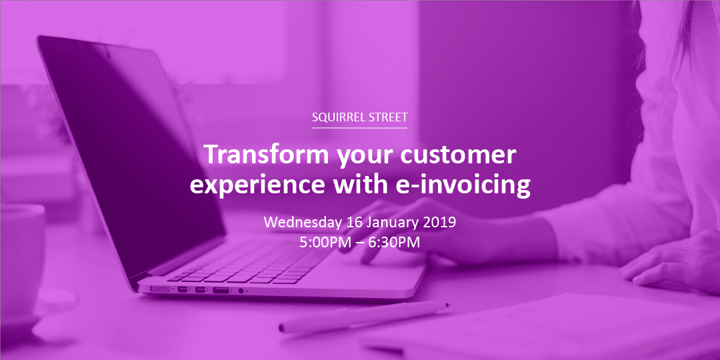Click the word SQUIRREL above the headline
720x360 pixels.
(x=339, y=117)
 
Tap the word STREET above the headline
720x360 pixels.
(x=388, y=117)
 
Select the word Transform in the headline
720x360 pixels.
(x=267, y=155)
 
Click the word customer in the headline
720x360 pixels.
(x=458, y=156)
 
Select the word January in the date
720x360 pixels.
(x=393, y=223)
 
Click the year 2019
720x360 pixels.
(x=439, y=223)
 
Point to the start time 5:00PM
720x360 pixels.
(x=321, y=243)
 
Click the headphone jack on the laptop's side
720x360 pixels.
(x=241, y=290)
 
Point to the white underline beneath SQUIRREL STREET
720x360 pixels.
(x=359, y=127)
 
